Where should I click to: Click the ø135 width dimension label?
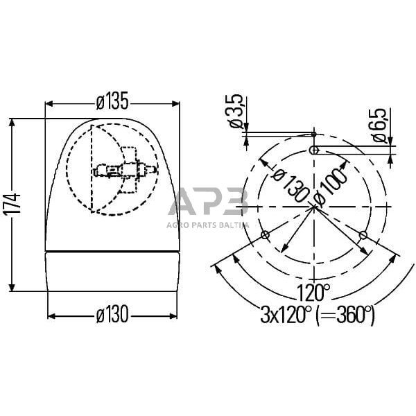tap(112, 102)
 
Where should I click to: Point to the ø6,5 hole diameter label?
tap(380, 125)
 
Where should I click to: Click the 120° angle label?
tap(314, 289)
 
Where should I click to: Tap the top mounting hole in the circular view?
tap(314, 150)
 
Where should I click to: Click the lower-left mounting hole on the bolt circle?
tap(265, 236)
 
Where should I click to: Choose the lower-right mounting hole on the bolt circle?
tap(363, 236)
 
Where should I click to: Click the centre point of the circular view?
tap(314, 207)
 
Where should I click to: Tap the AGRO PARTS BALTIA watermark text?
tap(207, 224)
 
